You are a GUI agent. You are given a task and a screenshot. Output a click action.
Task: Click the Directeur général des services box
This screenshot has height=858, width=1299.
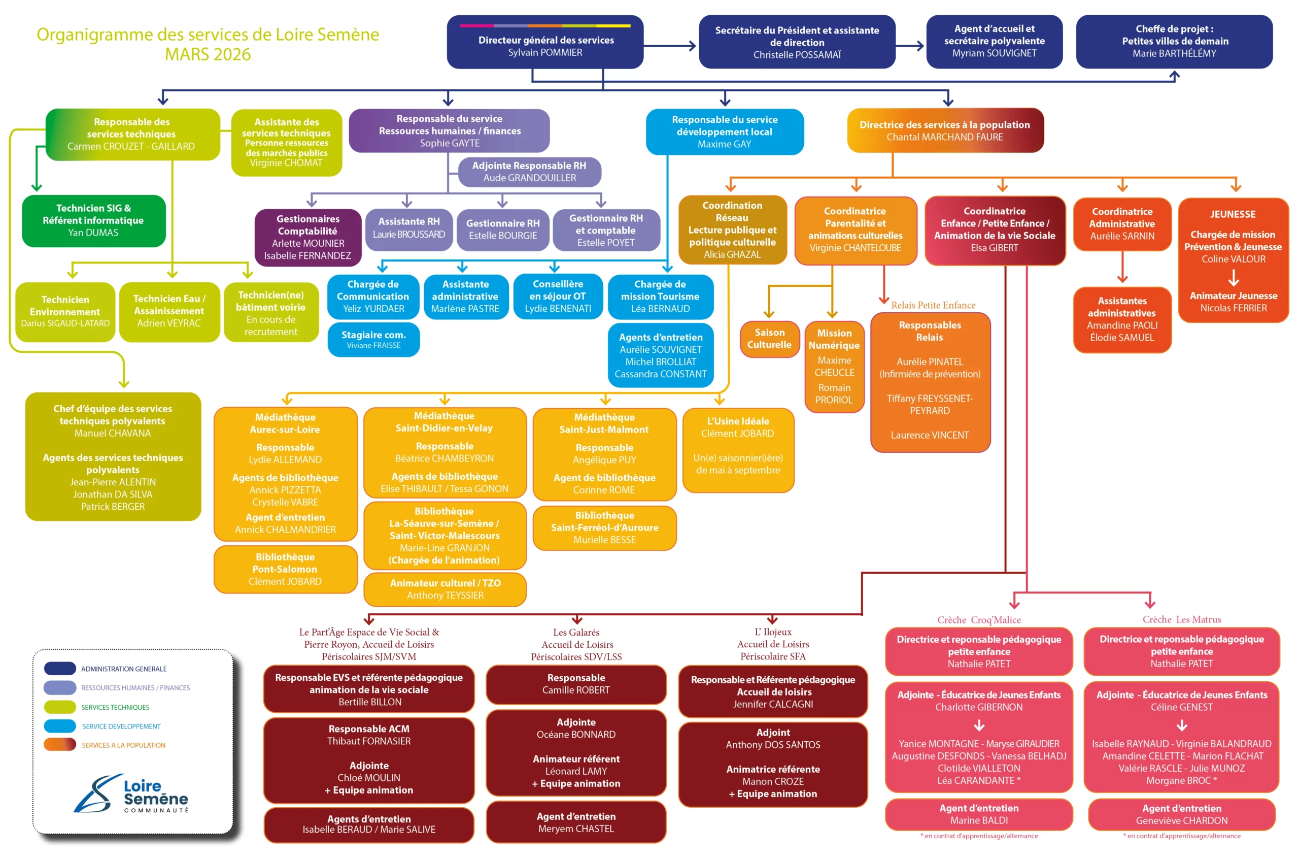pos(545,42)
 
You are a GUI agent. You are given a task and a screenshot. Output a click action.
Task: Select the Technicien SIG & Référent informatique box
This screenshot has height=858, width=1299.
pos(93,220)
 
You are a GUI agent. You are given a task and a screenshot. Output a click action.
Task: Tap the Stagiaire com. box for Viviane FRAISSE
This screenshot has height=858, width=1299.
pos(373,339)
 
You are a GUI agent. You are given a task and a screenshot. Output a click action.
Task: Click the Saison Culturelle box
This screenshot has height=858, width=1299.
pos(769,339)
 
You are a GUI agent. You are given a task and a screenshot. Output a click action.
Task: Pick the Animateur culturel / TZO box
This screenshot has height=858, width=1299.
pos(445,589)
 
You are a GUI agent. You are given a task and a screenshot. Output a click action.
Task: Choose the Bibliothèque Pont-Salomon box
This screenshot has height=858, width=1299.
pos(285,569)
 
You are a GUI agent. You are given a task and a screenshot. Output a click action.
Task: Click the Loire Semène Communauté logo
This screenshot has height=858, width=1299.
pos(131,795)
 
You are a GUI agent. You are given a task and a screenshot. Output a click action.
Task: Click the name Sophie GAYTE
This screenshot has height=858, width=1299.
pos(450,143)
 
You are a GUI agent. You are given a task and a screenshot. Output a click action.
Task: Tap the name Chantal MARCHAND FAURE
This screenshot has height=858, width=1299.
pos(945,138)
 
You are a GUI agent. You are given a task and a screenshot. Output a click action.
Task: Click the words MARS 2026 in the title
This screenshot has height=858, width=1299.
pos(208,55)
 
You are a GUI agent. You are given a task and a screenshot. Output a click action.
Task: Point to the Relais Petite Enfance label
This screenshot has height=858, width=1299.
pos(933,305)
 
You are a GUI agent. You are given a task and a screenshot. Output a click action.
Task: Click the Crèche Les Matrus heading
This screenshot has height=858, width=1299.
pos(1181,619)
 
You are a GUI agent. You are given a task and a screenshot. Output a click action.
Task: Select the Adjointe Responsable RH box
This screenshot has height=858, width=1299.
pos(529,172)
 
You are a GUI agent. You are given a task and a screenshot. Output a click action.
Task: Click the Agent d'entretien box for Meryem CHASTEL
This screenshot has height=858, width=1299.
pos(576,822)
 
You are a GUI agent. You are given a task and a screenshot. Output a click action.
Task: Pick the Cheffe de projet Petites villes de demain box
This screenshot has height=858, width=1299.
pos(1174,42)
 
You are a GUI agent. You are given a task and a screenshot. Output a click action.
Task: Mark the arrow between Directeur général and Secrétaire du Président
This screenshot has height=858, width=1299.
pos(670,46)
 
